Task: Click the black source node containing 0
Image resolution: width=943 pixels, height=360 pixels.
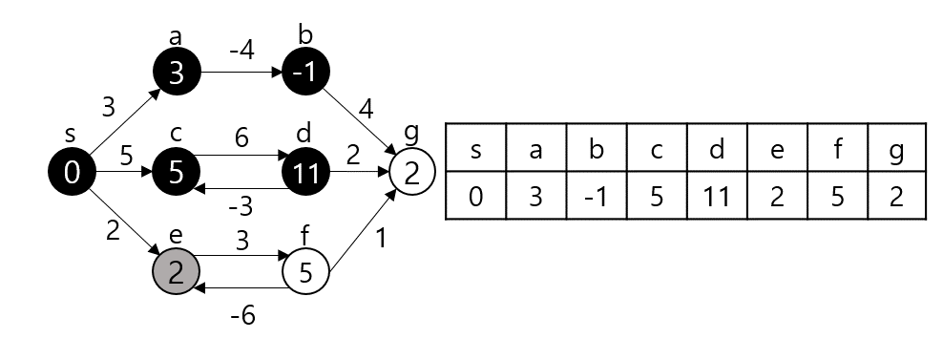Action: [72, 173]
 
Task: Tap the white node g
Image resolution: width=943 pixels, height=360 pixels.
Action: [411, 173]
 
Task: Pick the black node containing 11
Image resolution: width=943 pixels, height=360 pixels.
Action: [304, 173]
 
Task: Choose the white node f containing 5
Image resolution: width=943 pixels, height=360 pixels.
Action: [304, 272]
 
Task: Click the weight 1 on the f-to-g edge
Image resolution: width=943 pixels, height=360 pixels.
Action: [382, 240]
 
